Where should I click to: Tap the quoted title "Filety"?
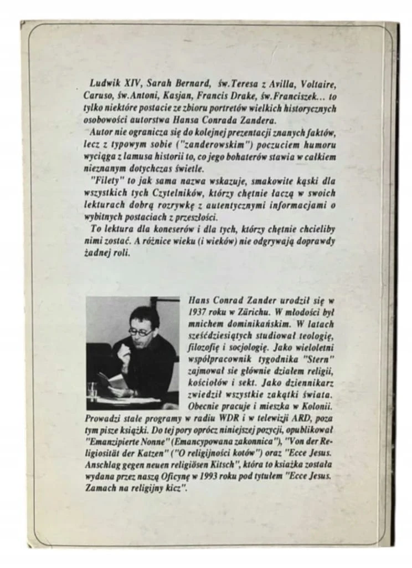tap(104, 180)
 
